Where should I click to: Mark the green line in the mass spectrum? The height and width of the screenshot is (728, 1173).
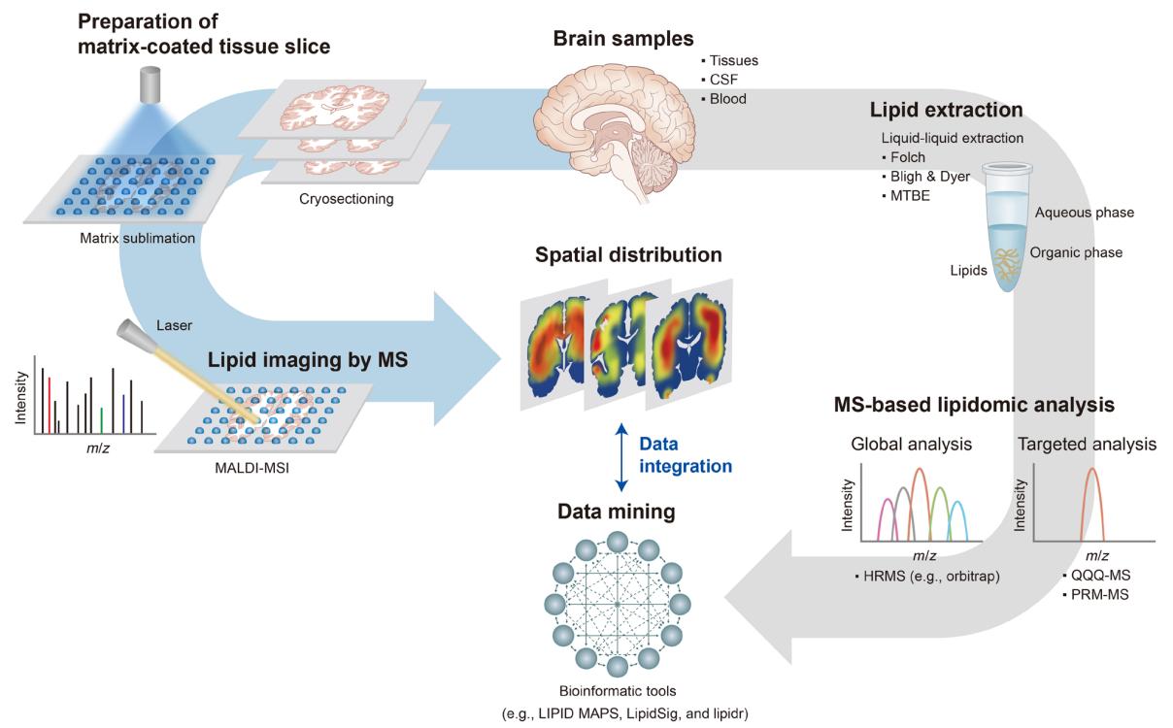pos(102,419)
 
